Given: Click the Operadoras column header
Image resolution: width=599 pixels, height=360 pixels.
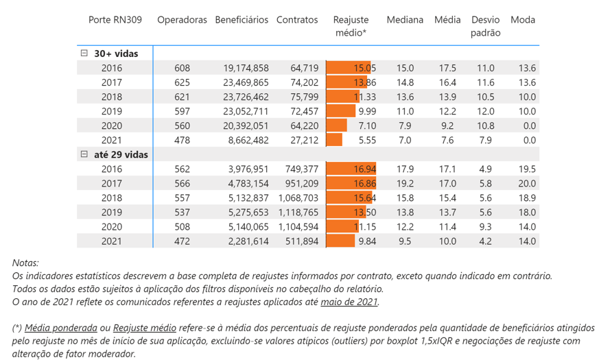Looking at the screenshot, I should point(182,20).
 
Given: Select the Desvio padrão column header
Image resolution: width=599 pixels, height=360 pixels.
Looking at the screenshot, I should point(485,26).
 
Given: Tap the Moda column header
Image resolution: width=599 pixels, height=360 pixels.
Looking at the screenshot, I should point(523,20).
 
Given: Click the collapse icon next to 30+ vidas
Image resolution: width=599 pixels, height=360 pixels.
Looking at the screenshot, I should point(84,53).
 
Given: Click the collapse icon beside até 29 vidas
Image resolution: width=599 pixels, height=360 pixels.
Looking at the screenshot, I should point(84,155).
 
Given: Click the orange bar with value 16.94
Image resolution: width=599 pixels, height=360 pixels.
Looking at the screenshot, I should point(351,169).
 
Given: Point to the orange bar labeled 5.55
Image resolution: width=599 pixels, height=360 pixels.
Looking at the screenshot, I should point(334,140).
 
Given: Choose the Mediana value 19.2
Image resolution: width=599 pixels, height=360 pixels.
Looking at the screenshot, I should point(405,184).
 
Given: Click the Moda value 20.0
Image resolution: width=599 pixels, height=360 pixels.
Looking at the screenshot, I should point(527,184).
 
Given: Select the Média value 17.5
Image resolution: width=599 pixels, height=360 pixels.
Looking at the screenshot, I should point(447,68).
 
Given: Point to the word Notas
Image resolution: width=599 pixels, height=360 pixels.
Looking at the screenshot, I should point(25,263).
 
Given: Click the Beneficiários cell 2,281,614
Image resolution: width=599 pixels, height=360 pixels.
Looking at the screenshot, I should point(248,241).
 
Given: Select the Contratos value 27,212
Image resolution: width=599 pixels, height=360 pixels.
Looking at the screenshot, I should point(304,140).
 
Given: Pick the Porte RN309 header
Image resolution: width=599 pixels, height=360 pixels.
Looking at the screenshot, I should point(115,20).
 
